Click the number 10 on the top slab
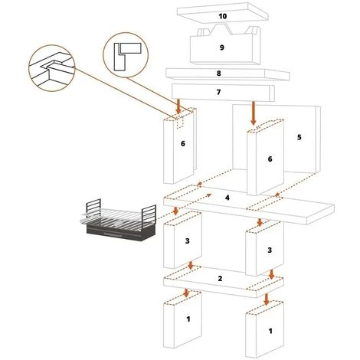point(223,16)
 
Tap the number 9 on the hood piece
point(222,47)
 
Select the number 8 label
point(219,74)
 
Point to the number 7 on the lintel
point(218,92)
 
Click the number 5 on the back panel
point(299,137)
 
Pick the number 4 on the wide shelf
point(227,198)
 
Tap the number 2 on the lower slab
point(220,279)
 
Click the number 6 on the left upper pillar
point(183,144)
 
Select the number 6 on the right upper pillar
point(270,159)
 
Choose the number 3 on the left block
point(188,241)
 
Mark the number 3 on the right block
point(270,250)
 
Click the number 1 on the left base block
point(188,319)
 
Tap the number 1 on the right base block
point(270,331)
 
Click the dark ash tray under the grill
point(121,232)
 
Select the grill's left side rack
point(93,208)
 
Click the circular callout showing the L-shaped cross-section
point(126,55)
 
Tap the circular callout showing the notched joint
point(52,68)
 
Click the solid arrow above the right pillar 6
point(254,113)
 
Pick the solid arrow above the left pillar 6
point(178,106)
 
